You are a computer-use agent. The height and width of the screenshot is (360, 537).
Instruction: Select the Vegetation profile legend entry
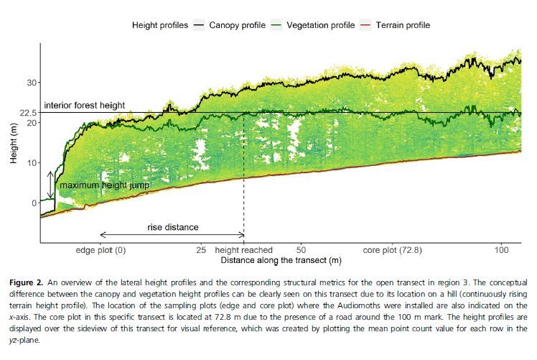[322, 25]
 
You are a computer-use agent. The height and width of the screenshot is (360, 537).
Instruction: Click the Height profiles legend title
[159, 25]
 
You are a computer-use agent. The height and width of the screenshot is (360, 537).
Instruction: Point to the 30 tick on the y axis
[32, 83]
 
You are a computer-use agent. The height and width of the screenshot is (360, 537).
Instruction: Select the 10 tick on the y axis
[32, 163]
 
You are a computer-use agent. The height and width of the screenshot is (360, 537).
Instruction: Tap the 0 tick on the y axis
[34, 203]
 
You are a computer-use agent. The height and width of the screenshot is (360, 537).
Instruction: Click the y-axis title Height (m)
[14, 142]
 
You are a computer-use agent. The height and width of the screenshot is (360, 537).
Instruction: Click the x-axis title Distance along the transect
[281, 259]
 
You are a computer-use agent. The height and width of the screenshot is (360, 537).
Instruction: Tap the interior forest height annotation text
[85, 105]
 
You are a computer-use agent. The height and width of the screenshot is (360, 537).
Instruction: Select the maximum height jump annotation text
[104, 185]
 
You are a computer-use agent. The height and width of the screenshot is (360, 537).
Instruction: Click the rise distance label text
[173, 227]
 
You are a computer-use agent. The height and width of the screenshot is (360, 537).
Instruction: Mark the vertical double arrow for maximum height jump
[50, 185]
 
